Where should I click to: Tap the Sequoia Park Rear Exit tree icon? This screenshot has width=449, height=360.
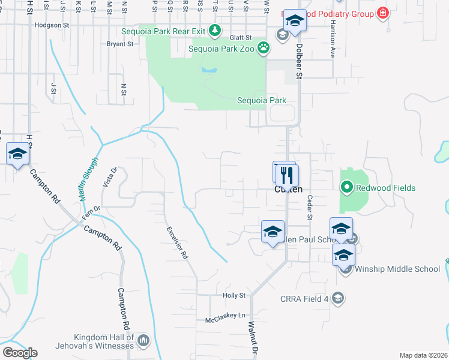tap(214, 30)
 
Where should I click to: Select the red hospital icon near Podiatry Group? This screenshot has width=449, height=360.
tap(382, 13)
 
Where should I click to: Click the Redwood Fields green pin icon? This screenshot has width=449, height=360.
tap(346, 188)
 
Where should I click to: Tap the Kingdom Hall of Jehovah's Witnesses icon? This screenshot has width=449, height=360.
tap(143, 341)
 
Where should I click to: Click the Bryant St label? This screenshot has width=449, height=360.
tap(119, 44)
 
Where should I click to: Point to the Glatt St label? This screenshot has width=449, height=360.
tap(240, 37)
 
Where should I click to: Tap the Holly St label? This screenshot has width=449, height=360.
tap(234, 295)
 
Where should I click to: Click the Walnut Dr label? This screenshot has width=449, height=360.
tap(254, 339)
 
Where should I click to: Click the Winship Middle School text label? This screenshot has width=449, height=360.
tap(397, 269)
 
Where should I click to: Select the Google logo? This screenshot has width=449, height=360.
tap(20, 353)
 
